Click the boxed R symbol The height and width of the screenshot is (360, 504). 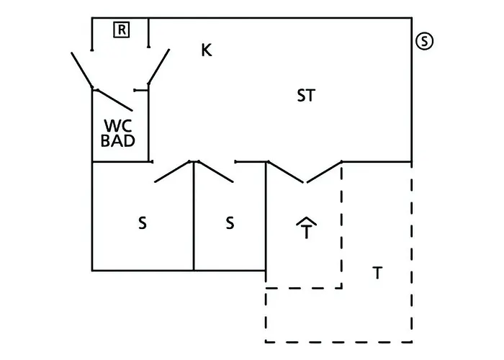122,30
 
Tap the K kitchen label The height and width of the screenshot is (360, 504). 207,50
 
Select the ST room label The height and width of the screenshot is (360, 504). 306,96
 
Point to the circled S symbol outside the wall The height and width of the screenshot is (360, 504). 424,41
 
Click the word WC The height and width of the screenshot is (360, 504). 118,126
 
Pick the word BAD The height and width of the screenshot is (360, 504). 118,140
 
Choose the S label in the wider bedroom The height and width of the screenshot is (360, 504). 143,222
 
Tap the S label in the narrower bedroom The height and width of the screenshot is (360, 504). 230,222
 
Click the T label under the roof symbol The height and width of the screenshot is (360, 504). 306,231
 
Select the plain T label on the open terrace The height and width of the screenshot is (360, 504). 378,273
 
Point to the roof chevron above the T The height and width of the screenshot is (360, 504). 306,221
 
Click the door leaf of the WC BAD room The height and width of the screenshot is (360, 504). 114,100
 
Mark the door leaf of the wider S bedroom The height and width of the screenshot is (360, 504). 173,171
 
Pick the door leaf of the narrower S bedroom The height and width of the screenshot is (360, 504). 215,171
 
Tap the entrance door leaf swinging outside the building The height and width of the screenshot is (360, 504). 81,70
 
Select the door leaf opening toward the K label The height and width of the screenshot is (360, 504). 159,66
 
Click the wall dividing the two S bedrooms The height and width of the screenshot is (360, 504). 194,216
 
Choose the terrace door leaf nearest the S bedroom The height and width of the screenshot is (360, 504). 286,172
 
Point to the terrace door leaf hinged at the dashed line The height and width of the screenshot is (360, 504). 324,172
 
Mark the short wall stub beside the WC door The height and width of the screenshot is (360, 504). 141,90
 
